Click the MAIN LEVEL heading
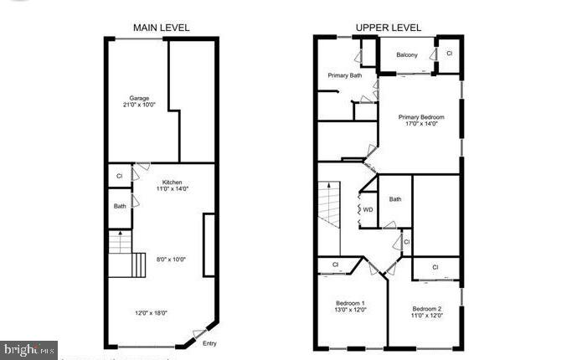pyautogui.click(x=162, y=28)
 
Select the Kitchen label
pyautogui.click(x=172, y=183)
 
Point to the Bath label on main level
pyautogui.click(x=120, y=206)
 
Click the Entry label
pyautogui.click(x=211, y=342)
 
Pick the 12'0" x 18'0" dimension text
pyautogui.click(x=151, y=313)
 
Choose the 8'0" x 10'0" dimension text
pyautogui.click(x=170, y=259)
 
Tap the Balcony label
pyautogui.click(x=407, y=55)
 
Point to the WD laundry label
pyautogui.click(x=368, y=209)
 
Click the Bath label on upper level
pyautogui.click(x=395, y=199)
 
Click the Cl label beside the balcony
pyautogui.click(x=449, y=53)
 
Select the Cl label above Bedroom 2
pyautogui.click(x=435, y=267)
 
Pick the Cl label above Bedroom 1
pyautogui.click(x=335, y=265)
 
